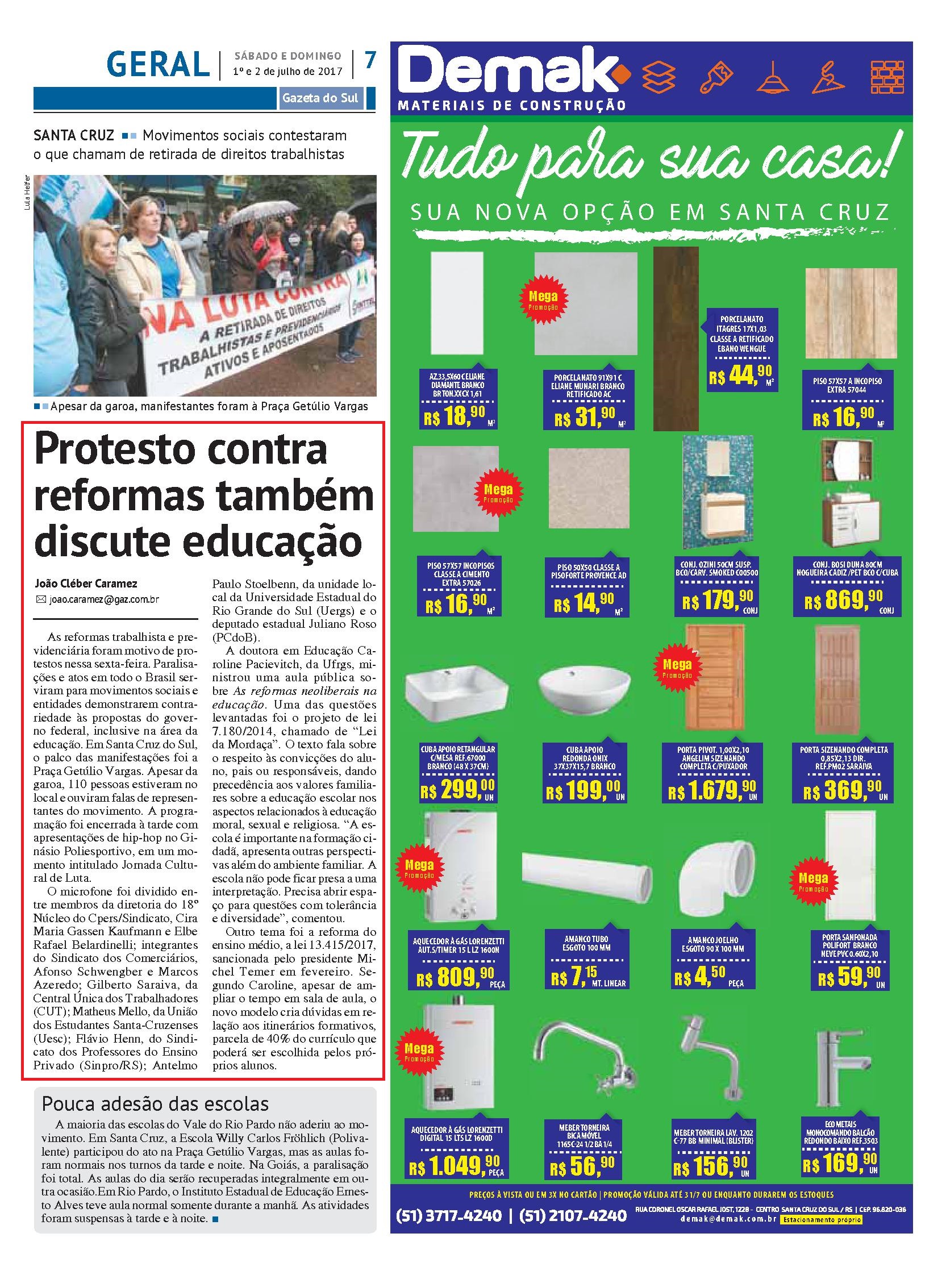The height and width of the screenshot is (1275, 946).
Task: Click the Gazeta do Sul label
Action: tap(320, 98)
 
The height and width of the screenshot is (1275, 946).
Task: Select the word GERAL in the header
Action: tap(158, 64)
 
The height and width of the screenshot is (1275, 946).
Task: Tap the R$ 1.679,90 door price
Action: tap(712, 791)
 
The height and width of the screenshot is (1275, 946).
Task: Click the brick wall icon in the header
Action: tap(887, 77)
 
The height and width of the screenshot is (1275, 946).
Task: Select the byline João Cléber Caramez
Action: tap(86, 584)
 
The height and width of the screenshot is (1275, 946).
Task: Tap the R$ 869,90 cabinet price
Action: tap(844, 601)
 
